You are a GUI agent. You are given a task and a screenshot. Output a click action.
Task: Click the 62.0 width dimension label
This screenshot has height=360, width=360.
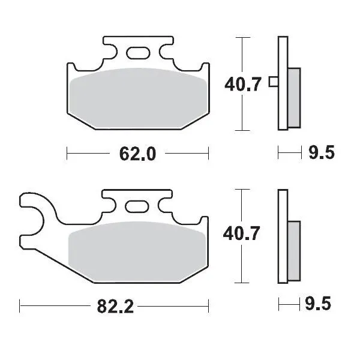(x=137, y=154)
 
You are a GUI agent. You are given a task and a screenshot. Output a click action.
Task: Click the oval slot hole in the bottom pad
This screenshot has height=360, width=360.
(x=137, y=206)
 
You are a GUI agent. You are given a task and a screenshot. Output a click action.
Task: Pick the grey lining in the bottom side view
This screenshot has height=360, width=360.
(x=294, y=251)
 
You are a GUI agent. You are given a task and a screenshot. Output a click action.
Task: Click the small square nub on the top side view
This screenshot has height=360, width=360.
(x=273, y=82)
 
